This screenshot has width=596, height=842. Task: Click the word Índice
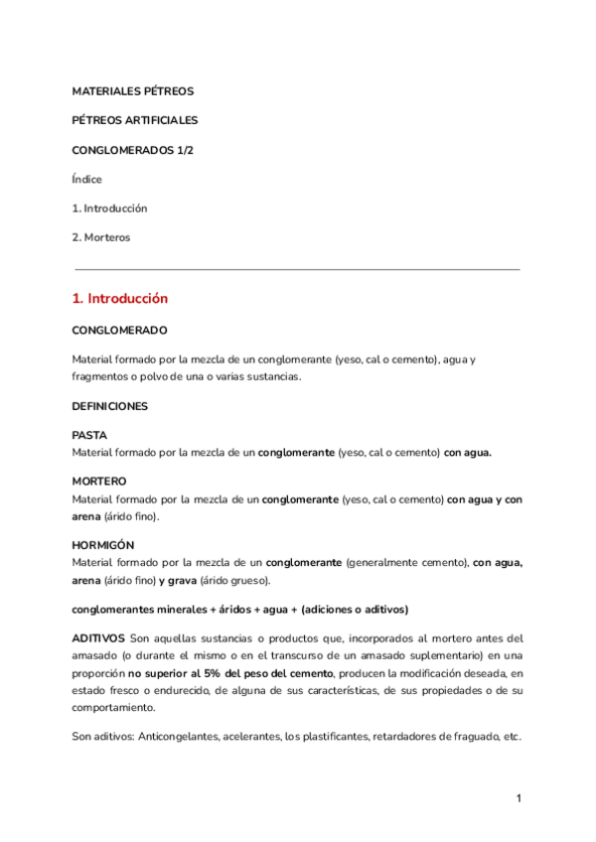87,180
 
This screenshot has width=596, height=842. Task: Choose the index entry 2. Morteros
101,238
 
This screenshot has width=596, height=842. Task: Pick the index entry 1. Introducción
109,209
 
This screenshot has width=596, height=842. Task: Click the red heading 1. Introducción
120,298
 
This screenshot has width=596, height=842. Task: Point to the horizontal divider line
298,269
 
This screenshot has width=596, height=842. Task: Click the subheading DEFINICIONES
109,406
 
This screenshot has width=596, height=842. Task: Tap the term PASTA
89,436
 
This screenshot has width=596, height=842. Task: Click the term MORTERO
98,481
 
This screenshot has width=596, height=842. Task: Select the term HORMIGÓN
103,546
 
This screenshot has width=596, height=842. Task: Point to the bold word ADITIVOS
98,637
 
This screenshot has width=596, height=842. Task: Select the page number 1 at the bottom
519,798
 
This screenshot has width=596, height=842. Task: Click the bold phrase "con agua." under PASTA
468,452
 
